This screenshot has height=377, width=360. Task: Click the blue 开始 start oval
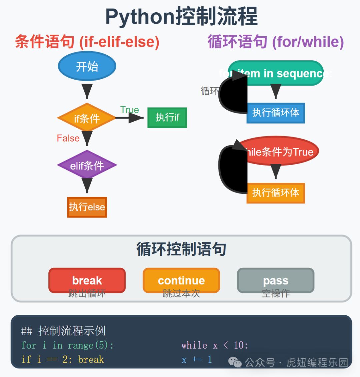point(87,66)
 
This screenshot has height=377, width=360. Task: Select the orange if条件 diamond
point(87,118)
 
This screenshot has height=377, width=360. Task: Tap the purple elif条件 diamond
point(87,165)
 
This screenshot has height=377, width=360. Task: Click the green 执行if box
point(167,118)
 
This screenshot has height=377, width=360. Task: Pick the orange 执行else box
point(87,207)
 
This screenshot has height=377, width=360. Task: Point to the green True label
point(129,110)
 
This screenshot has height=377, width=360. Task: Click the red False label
point(68,138)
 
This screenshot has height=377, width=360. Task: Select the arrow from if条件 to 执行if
point(130,118)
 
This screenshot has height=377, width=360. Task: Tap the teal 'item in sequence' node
point(276,73)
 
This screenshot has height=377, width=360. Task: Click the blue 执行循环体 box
point(276,113)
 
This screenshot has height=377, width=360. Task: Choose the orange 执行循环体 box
point(276,193)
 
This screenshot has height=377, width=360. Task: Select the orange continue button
point(181,280)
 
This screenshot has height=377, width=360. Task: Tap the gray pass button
point(276,280)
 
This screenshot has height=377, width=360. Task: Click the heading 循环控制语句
point(181,249)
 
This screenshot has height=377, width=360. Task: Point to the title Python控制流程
point(181,17)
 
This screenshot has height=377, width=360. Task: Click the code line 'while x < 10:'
point(215,345)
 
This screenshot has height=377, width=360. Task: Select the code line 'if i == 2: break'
point(63,360)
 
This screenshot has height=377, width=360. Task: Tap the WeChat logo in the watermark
point(235,362)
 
